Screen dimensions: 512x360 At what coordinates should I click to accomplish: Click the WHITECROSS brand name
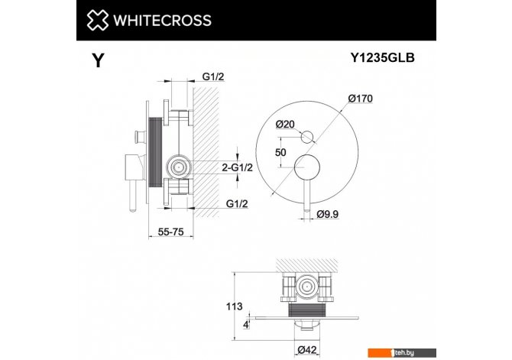(x=162, y=20)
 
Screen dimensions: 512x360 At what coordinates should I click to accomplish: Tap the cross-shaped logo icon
(x=97, y=20)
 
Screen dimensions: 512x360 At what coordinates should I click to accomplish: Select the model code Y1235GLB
(x=382, y=57)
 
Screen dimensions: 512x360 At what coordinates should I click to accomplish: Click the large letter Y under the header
(x=98, y=60)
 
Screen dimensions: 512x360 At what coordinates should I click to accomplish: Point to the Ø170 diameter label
(x=360, y=99)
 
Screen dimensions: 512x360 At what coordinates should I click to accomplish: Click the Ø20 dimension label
(x=285, y=124)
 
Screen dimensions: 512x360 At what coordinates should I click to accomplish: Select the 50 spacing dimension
(x=280, y=152)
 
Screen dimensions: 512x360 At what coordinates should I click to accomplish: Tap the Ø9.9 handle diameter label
(x=328, y=214)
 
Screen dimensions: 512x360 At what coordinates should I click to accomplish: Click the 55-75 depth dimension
(x=170, y=232)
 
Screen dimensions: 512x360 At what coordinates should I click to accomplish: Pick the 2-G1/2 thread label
(x=238, y=167)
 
